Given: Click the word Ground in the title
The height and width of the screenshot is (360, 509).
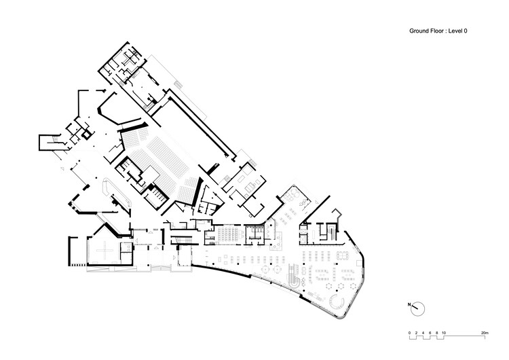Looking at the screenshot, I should pyautogui.click(x=417, y=31).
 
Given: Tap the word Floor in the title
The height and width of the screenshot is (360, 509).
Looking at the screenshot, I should pyautogui.click(x=436, y=31).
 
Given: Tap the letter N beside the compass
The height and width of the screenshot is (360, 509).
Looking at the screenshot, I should pyautogui.click(x=409, y=305).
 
